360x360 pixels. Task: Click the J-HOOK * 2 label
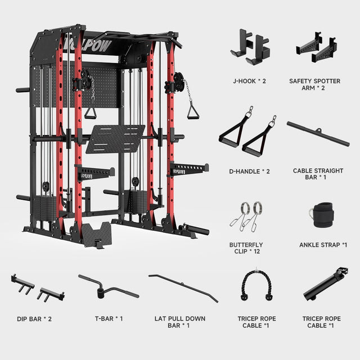(249, 81)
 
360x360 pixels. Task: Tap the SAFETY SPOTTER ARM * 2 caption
(314, 84)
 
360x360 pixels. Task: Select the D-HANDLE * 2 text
(249, 171)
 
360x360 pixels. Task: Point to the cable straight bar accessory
(318, 134)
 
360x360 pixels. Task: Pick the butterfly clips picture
(246, 217)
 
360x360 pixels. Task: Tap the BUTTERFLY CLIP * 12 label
(246, 248)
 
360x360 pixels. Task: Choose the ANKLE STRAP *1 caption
(323, 245)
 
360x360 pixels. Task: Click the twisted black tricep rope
(256, 285)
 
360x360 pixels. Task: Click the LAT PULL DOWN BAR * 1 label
(180, 322)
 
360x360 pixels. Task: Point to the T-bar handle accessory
(109, 286)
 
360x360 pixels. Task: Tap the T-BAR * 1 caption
(109, 319)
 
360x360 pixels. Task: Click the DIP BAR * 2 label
(34, 319)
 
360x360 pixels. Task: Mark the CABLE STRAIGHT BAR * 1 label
(318, 174)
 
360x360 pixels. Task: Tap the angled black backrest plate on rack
(115, 139)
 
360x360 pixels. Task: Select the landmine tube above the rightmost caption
(326, 284)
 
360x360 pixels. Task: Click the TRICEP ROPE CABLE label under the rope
(256, 322)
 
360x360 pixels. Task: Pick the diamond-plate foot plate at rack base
(96, 234)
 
